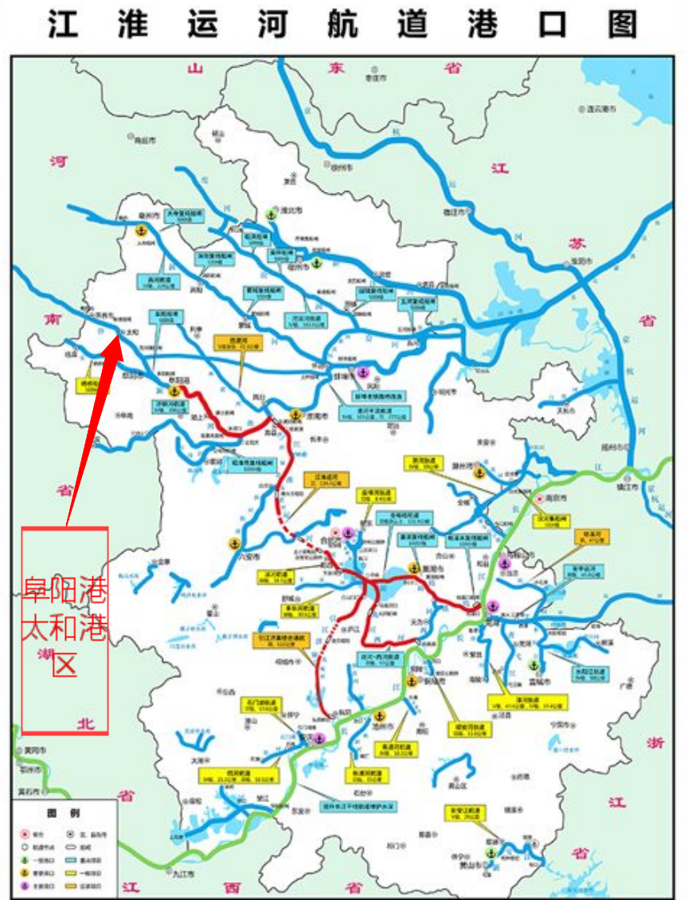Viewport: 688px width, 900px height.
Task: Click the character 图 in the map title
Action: click(x=623, y=24)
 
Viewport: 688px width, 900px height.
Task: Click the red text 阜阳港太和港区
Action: click(x=64, y=629)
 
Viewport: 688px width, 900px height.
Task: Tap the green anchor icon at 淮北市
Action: click(x=272, y=214)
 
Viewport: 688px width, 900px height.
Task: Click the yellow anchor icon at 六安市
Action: click(x=234, y=543)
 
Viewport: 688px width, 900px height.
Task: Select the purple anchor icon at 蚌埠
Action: click(x=363, y=372)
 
